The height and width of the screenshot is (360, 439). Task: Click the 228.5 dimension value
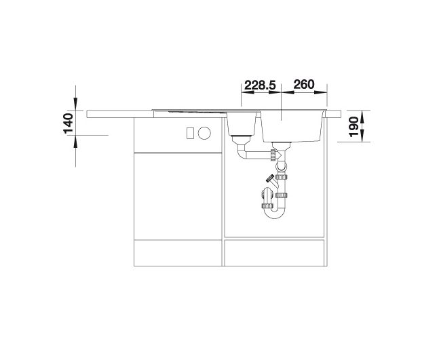pos(260,85)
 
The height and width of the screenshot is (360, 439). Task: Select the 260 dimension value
pos(304,85)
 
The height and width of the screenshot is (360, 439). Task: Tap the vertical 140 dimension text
pos(69,123)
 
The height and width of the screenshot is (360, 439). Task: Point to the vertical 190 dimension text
pos(354,127)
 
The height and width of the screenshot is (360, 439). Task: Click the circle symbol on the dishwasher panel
pos(204,133)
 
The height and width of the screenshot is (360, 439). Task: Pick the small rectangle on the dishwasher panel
pos(190,133)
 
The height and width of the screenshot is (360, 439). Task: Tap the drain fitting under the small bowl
pos(241,140)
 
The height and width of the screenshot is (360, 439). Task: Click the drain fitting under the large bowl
pos(282,146)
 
